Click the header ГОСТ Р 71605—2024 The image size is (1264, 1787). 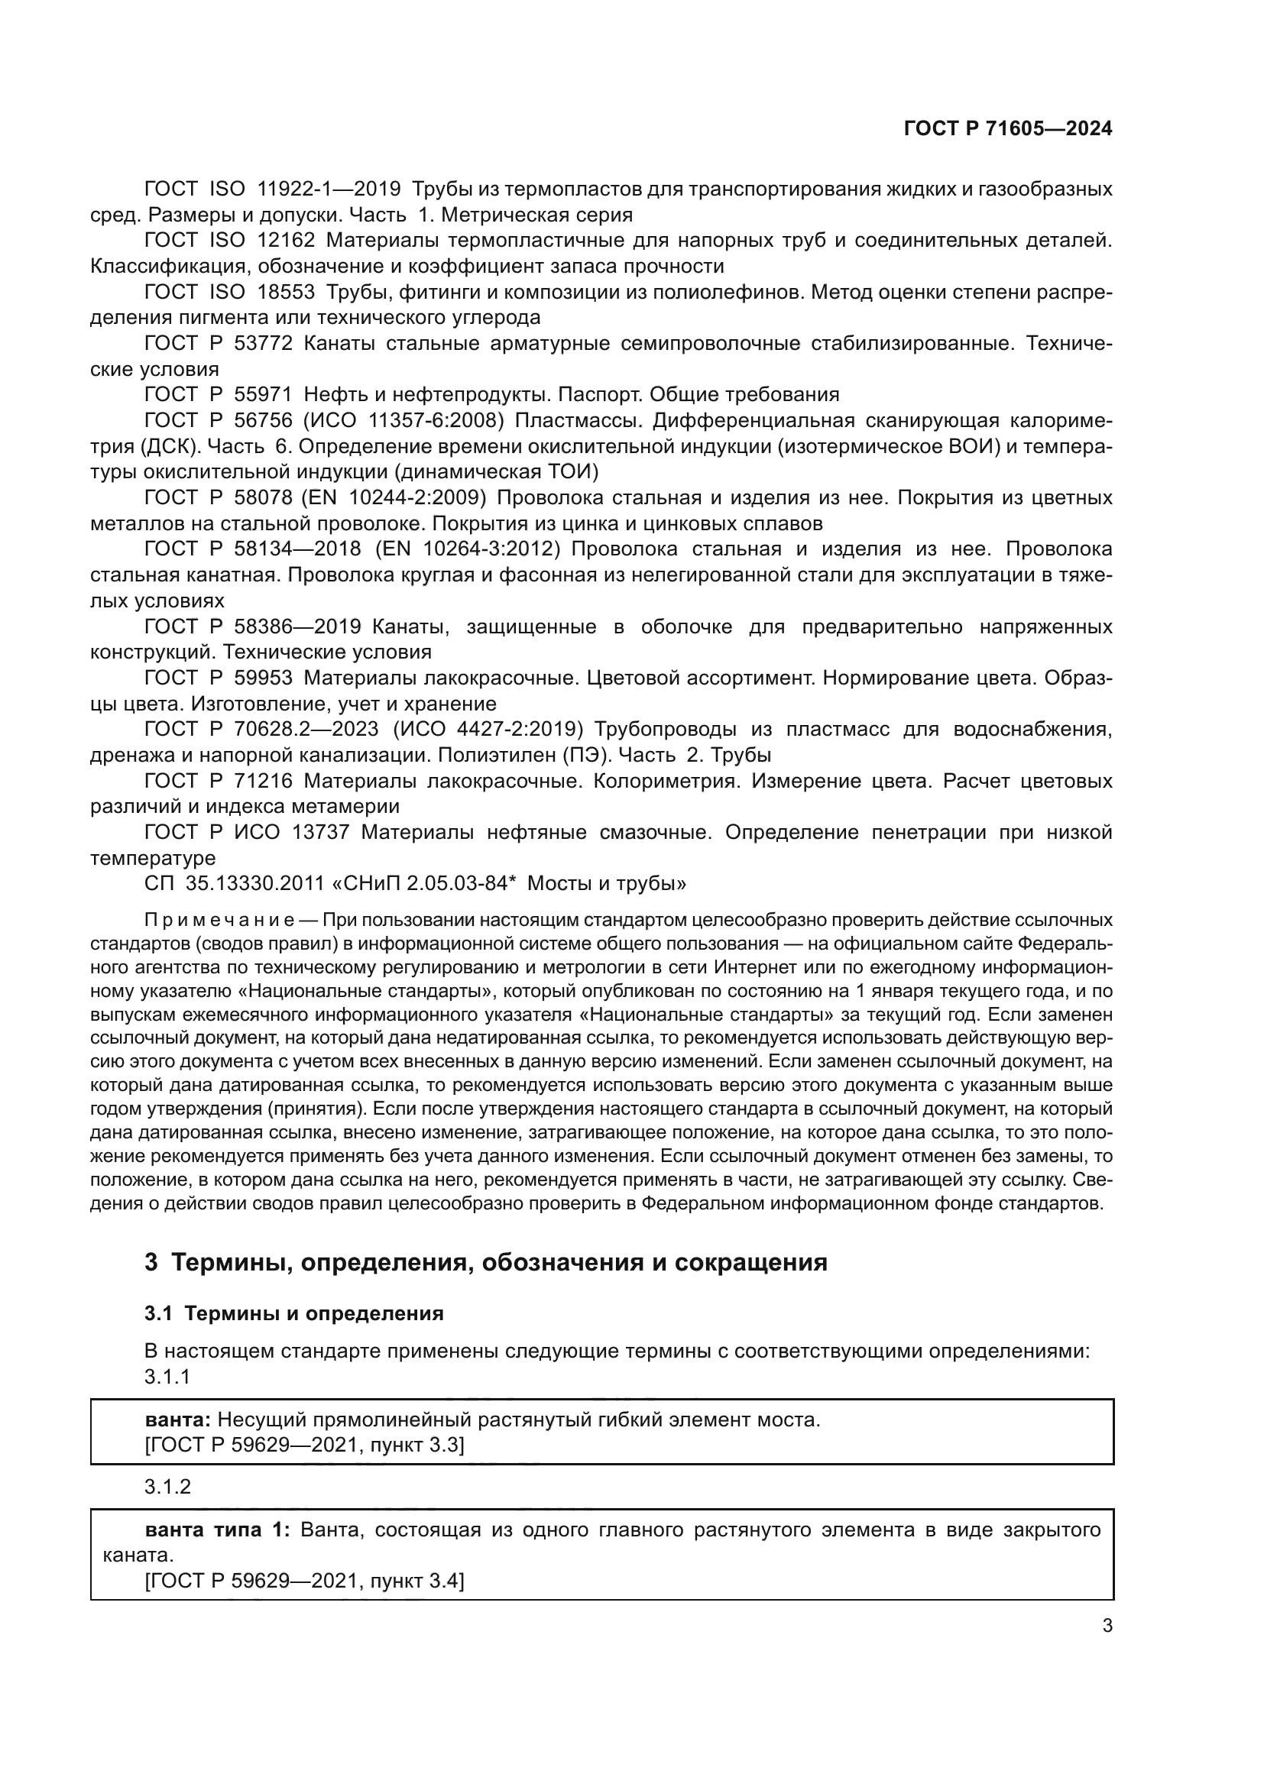[x=1007, y=129]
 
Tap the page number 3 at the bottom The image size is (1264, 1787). [x=1107, y=1625]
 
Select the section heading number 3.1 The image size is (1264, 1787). [x=157, y=1313]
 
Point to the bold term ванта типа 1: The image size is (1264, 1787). [x=217, y=1530]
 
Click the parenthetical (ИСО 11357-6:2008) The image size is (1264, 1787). [x=404, y=421]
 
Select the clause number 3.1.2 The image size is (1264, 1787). [x=167, y=1487]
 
